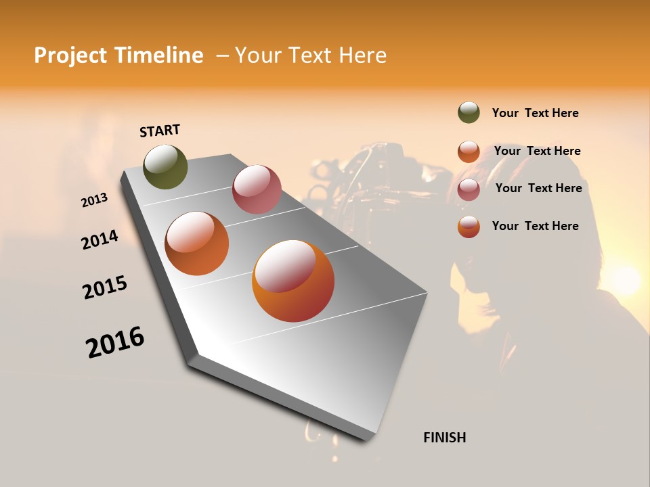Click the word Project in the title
point(70,55)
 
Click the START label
point(160,131)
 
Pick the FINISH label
point(444,438)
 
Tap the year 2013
point(94,200)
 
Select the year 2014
point(100,239)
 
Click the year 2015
point(105,287)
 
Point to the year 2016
point(115,342)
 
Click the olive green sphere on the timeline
point(166,167)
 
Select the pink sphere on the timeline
point(257,189)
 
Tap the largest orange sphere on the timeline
point(293,281)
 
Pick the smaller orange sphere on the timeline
point(197,243)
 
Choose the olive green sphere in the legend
point(469,113)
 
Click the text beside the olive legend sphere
point(535,113)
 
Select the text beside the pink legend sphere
point(538,188)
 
